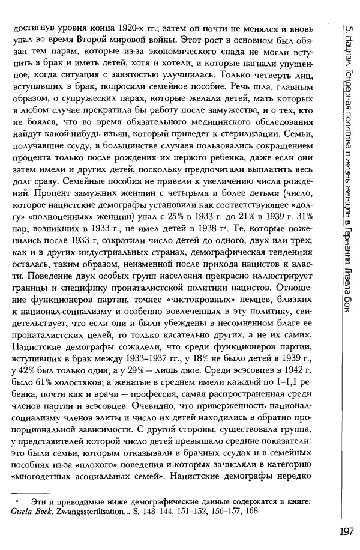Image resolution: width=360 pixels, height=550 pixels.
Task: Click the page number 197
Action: coord(346,531)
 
